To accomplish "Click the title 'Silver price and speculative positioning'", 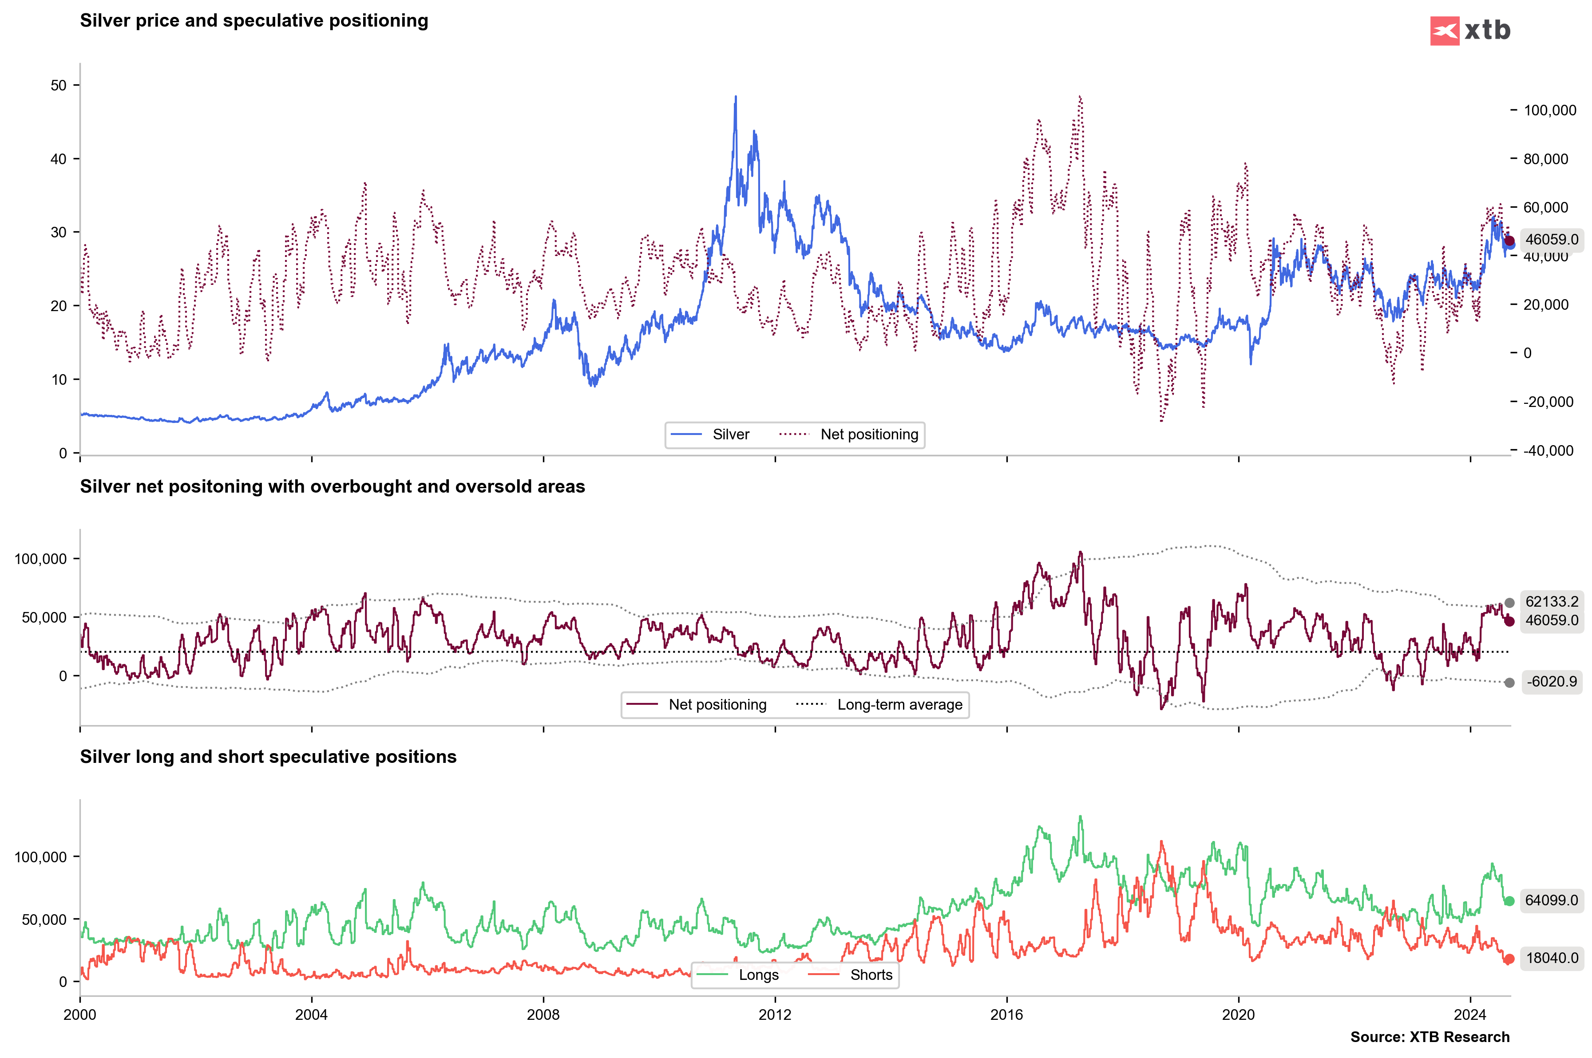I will coord(254,21).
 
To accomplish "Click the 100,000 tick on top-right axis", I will coord(1549,110).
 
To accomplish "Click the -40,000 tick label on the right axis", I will coord(1548,451).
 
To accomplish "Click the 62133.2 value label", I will coord(1552,602).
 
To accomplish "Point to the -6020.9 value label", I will coord(1552,682).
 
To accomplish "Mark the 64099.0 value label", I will coord(1552,900).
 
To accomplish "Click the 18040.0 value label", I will coord(1552,958).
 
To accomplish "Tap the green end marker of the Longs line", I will coord(1509,901).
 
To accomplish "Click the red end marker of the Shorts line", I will coord(1509,959).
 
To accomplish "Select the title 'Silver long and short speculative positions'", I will coord(268,757).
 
